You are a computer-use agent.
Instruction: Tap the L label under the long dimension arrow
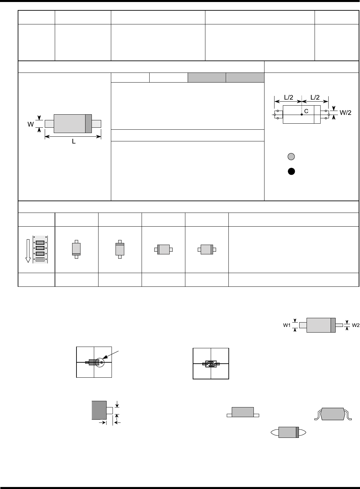74,142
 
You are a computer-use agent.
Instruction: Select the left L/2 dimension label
289,97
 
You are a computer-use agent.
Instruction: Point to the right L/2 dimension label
315,97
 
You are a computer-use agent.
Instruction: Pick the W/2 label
345,113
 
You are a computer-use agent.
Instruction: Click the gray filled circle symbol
291,156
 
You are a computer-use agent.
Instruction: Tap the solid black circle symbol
291,171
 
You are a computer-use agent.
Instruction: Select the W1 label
287,325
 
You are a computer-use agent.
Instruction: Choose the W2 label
355,325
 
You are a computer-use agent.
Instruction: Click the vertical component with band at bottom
76,249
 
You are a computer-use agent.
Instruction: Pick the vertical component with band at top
120,249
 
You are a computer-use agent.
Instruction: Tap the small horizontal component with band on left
163,249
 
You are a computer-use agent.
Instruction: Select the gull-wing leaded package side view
333,413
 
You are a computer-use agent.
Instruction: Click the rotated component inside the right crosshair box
211,364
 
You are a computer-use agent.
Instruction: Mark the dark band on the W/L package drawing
88,124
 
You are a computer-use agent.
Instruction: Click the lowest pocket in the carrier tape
40,259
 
